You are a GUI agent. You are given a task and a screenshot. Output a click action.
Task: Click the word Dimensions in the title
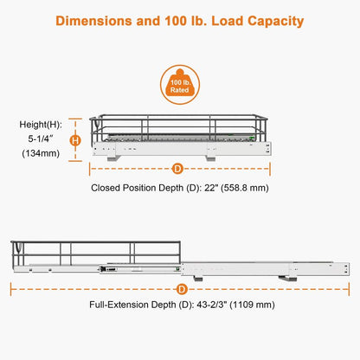tap(93, 21)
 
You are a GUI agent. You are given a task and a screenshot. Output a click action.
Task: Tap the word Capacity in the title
tap(276, 22)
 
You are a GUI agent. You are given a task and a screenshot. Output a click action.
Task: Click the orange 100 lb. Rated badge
tap(180, 85)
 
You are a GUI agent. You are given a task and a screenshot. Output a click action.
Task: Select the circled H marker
tap(75, 140)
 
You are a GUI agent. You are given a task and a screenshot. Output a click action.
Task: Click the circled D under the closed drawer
tap(177, 169)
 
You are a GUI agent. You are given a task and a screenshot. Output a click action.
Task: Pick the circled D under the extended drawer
tap(182, 289)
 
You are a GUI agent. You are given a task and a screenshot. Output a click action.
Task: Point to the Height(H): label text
tap(41, 125)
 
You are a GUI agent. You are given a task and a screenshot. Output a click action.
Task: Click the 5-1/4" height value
tap(41, 138)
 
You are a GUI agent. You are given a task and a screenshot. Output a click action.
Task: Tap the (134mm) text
tap(41, 153)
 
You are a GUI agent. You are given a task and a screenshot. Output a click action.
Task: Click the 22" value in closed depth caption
tap(210, 188)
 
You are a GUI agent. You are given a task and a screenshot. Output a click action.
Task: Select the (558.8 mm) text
tap(245, 188)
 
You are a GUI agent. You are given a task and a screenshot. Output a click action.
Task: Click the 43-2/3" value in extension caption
tap(212, 305)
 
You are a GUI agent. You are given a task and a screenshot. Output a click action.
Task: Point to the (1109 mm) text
tap(252, 305)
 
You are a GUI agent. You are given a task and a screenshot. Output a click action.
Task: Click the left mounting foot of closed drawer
tap(113, 158)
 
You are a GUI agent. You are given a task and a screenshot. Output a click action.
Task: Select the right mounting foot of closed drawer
tap(210, 158)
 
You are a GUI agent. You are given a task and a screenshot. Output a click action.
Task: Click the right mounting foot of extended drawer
tap(288, 279)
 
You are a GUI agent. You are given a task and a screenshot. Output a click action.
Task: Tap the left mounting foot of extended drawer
tap(198, 279)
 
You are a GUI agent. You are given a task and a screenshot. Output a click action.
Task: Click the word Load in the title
tap(228, 21)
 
